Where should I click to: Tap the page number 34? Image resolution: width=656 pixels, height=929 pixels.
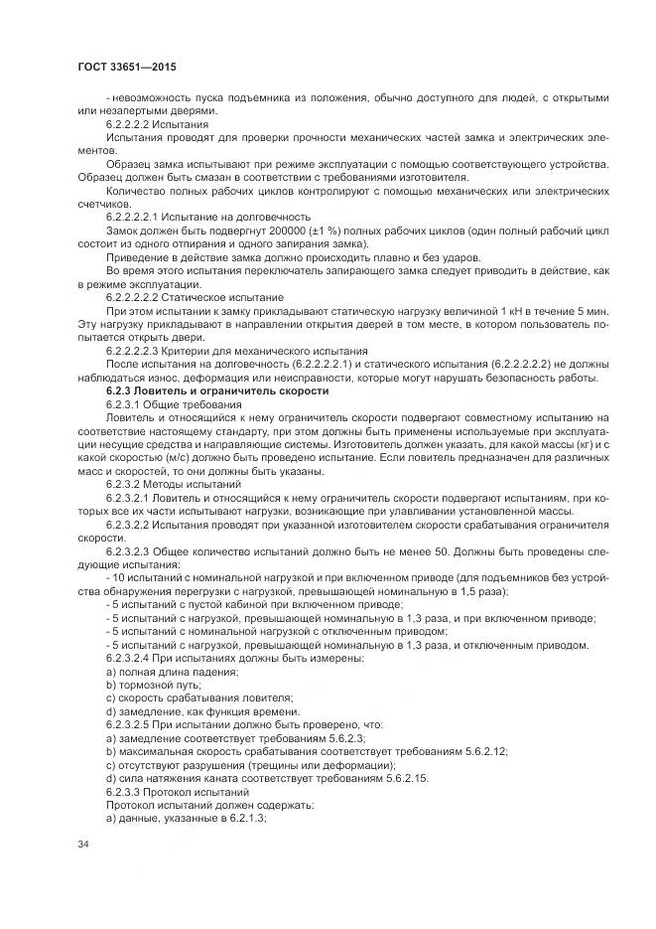click(82, 845)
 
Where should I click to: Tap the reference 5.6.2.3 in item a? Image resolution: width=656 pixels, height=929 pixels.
click(344, 738)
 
